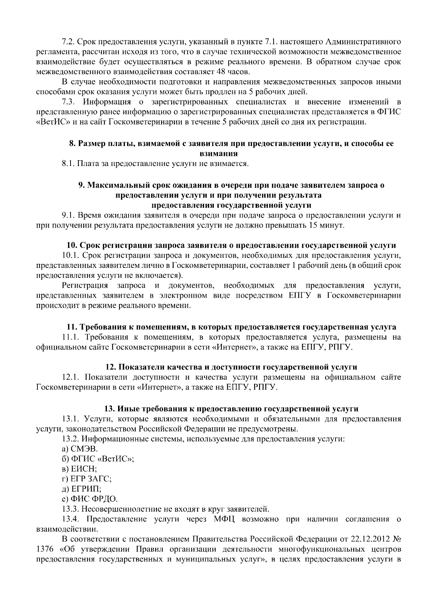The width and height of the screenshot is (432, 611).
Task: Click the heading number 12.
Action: click(x=109, y=367)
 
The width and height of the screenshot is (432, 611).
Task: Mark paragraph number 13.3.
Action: click(x=69, y=509)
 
